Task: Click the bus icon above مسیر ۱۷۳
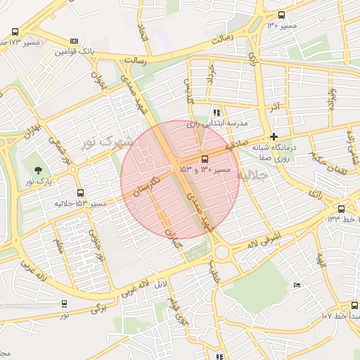pos(15,32)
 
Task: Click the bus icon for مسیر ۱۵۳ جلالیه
pos(79,193)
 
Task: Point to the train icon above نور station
pos(65,304)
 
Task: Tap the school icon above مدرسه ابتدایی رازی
pos(217,112)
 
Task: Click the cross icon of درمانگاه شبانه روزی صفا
pos(274,136)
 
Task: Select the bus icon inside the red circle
pos(205,159)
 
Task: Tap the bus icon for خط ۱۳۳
pos(341,209)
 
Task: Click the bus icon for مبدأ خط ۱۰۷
pos(354,305)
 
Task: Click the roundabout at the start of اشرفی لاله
pos(224,251)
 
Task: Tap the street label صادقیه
pos(238,146)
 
